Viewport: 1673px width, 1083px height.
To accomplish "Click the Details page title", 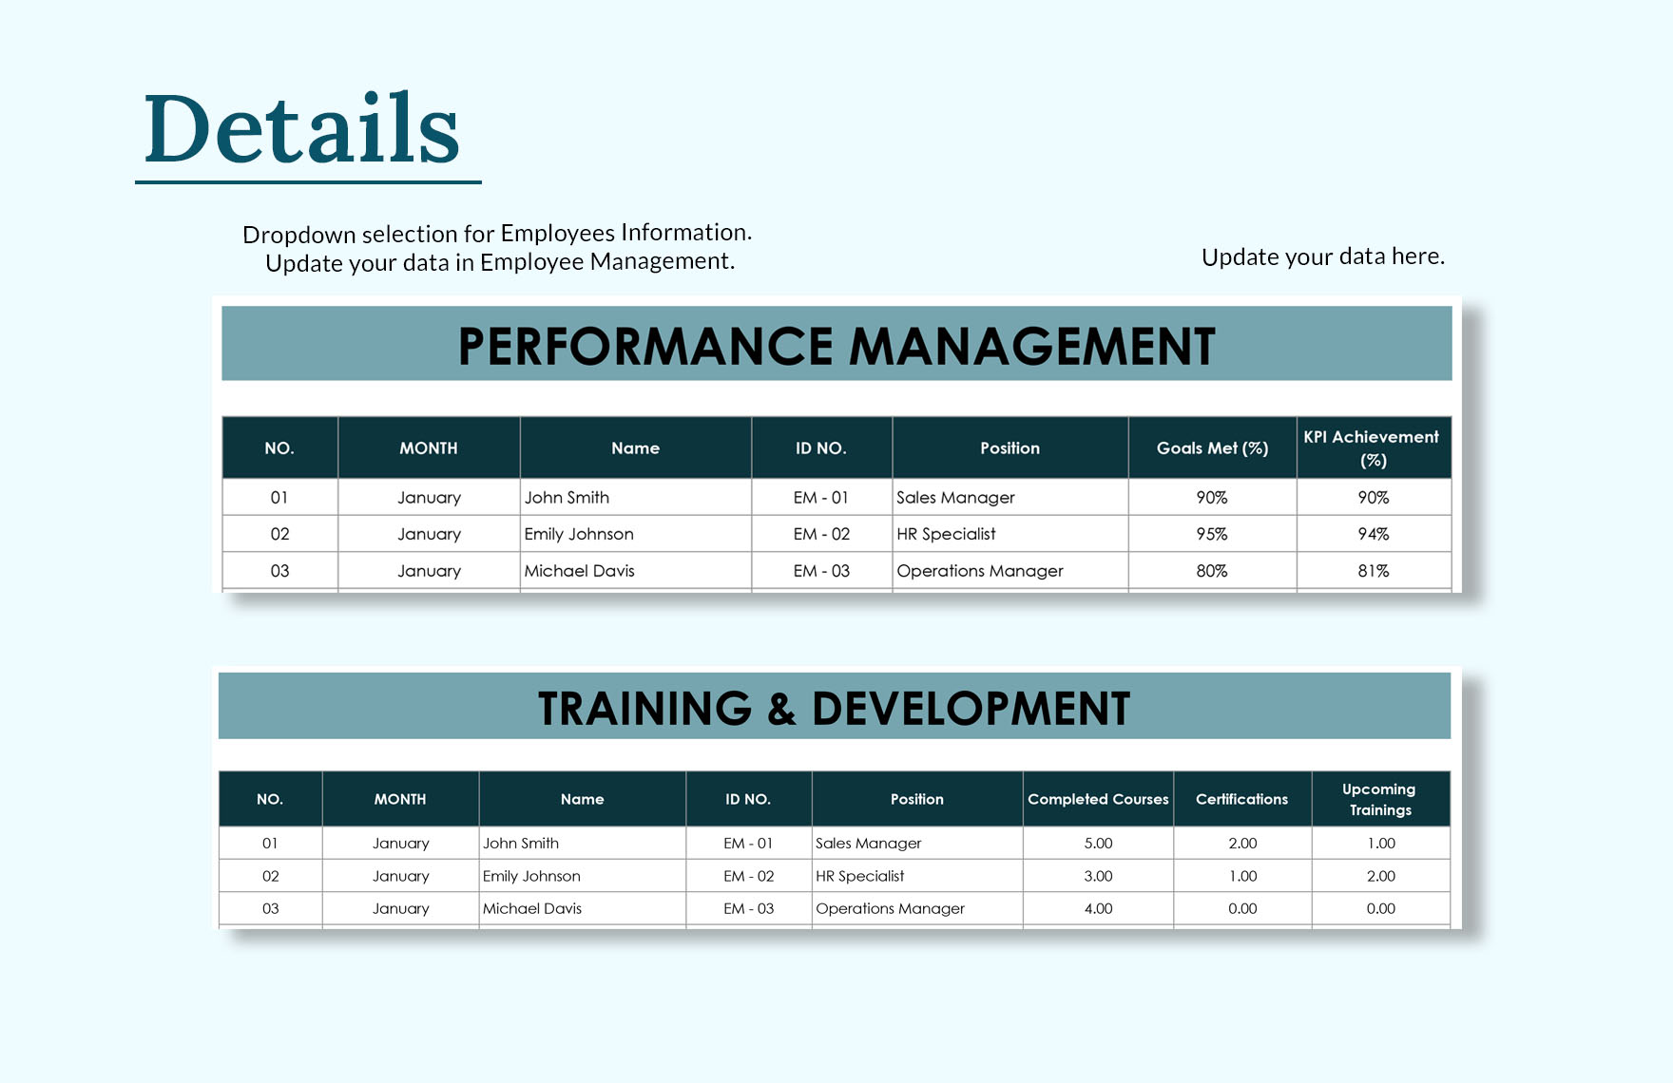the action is (302, 128).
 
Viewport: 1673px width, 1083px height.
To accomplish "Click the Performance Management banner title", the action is (836, 346).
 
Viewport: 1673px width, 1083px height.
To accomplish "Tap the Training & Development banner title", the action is (834, 709).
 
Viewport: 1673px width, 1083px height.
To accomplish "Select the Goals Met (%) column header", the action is (1212, 448).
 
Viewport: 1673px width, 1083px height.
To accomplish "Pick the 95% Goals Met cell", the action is (1212, 534).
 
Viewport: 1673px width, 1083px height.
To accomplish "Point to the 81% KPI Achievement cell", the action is (1374, 571).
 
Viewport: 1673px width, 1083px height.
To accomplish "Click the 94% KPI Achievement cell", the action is (1374, 534).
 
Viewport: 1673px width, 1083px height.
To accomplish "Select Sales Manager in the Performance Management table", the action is (955, 498).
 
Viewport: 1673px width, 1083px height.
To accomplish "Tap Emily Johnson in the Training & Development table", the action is (531, 876).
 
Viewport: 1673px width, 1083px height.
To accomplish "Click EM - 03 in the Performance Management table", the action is (821, 571).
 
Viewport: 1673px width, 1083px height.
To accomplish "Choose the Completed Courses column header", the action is (1098, 799).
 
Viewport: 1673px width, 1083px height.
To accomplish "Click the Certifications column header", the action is (1241, 799).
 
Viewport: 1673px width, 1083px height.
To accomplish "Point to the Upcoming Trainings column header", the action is (1379, 799).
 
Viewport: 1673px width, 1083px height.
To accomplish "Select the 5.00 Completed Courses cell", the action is (1098, 844).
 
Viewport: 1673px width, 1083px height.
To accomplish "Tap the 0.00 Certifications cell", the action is (1242, 908).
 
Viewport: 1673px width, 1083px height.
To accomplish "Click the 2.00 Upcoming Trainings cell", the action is (1381, 876).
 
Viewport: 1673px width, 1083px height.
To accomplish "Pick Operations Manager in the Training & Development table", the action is (890, 908).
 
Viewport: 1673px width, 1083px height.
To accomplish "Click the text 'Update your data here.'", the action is (1323, 256).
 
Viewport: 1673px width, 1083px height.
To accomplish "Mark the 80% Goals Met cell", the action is (1212, 571).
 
